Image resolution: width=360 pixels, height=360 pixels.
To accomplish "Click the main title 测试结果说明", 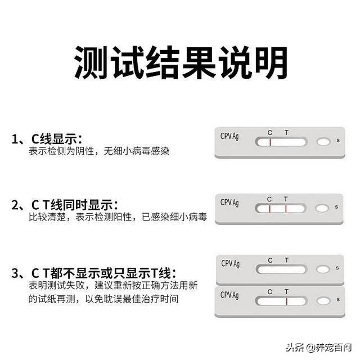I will pos(180,62).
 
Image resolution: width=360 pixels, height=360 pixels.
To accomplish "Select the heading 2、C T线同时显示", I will pos(65,205).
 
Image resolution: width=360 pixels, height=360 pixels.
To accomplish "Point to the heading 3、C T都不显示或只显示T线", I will pos(93,274).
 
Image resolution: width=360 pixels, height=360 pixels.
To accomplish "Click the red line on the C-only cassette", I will pos(270,142).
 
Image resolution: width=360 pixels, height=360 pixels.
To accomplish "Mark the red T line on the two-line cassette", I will pos(286,209).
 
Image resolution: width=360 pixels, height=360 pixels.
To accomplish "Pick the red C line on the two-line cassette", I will pos(270,209).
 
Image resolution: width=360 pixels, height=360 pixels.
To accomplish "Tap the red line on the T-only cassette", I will pos(286,301).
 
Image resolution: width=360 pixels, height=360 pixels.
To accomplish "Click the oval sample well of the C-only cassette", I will pos(323,142).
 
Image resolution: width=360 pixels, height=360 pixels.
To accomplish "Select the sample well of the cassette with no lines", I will pos(323,269).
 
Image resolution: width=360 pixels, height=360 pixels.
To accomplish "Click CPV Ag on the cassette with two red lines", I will pos(229,202).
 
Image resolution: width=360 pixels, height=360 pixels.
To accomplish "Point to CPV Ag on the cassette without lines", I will pos(230,263).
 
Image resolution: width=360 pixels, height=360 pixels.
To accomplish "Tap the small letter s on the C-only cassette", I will pos(337,140).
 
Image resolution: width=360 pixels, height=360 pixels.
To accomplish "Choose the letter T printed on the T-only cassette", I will pos(286,292).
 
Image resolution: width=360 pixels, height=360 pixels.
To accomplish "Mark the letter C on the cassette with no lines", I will pos(271,260).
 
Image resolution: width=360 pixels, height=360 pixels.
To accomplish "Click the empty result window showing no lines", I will pos(281,269).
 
